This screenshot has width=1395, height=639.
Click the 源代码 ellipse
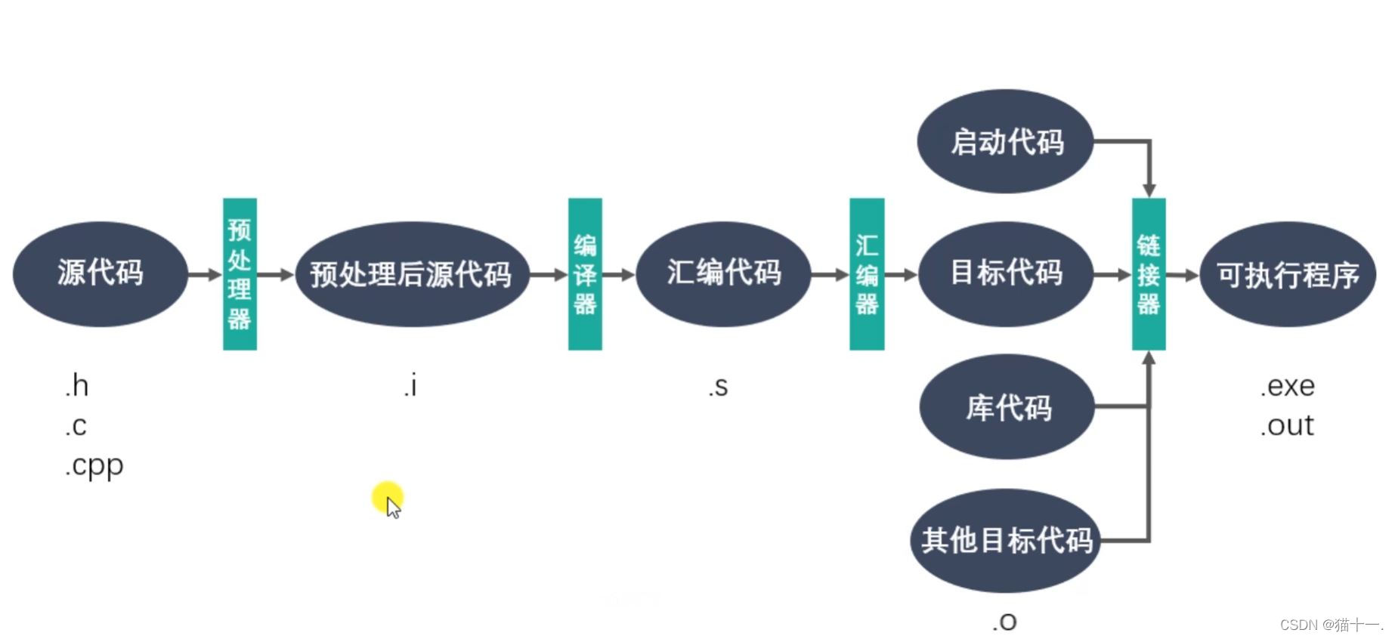pos(101,273)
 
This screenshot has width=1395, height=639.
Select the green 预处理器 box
pos(240,273)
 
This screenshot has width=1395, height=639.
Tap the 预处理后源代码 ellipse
pos(411,273)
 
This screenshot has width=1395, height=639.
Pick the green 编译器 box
pos(585,273)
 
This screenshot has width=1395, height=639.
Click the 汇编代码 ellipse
pos(723,273)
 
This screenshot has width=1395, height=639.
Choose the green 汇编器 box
pos(867,273)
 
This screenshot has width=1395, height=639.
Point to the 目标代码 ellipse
pos(1006,273)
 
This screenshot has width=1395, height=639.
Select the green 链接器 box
pos(1148,273)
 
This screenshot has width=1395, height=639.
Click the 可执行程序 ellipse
pos(1288,273)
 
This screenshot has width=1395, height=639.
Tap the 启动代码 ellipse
pos(1006,142)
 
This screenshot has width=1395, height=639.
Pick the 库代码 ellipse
pos(1007,407)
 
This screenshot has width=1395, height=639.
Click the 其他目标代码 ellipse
pos(1006,540)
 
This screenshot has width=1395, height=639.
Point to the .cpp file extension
pos(94,466)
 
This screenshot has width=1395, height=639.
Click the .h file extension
pos(77,386)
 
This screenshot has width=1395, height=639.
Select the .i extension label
pos(410,386)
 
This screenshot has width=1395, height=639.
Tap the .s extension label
pos(719,387)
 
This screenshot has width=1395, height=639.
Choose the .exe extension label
pos(1288,386)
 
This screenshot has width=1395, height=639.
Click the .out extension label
pos(1288,425)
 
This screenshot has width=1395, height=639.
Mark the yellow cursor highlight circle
pos(388,497)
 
